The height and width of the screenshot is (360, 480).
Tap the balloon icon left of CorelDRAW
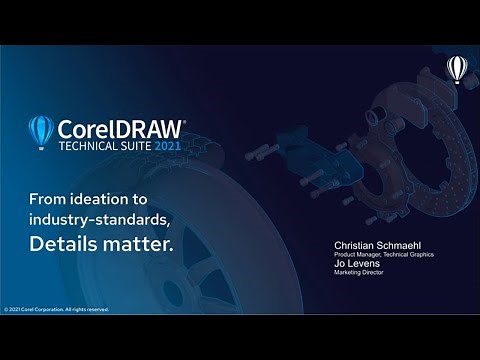coord(41,132)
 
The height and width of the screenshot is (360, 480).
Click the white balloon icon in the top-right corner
coord(456,68)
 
